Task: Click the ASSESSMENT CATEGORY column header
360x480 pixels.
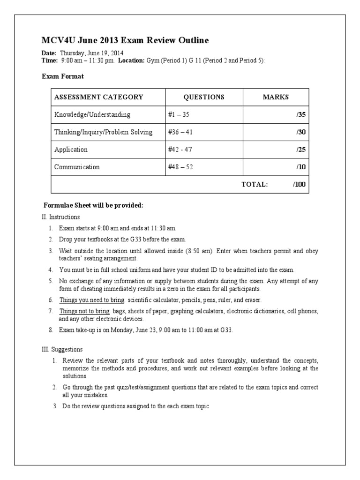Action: pos(99,97)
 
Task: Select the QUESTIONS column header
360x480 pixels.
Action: pos(203,97)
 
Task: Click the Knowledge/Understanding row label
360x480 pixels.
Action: pos(92,114)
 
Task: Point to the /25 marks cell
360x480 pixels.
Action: pos(300,150)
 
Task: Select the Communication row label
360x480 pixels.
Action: pos(77,167)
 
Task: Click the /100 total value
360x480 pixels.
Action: pos(299,184)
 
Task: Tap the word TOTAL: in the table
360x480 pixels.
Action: pos(255,184)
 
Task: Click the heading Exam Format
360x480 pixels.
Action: pos(63,76)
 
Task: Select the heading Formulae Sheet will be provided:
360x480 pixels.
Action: pos(93,206)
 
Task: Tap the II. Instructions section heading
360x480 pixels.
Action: pos(61,217)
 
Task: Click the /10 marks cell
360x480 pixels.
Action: pos(300,167)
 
